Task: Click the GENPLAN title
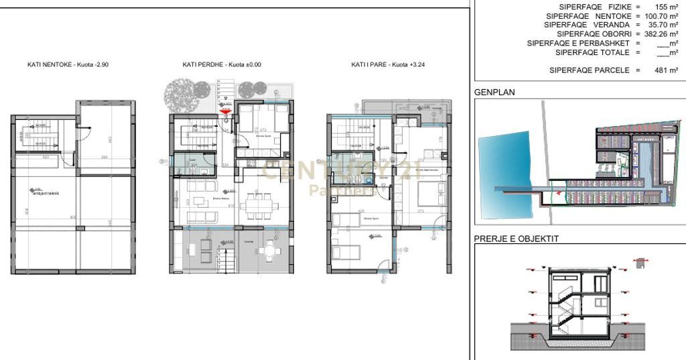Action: click(x=494, y=93)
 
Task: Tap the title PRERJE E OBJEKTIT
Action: click(x=516, y=238)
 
